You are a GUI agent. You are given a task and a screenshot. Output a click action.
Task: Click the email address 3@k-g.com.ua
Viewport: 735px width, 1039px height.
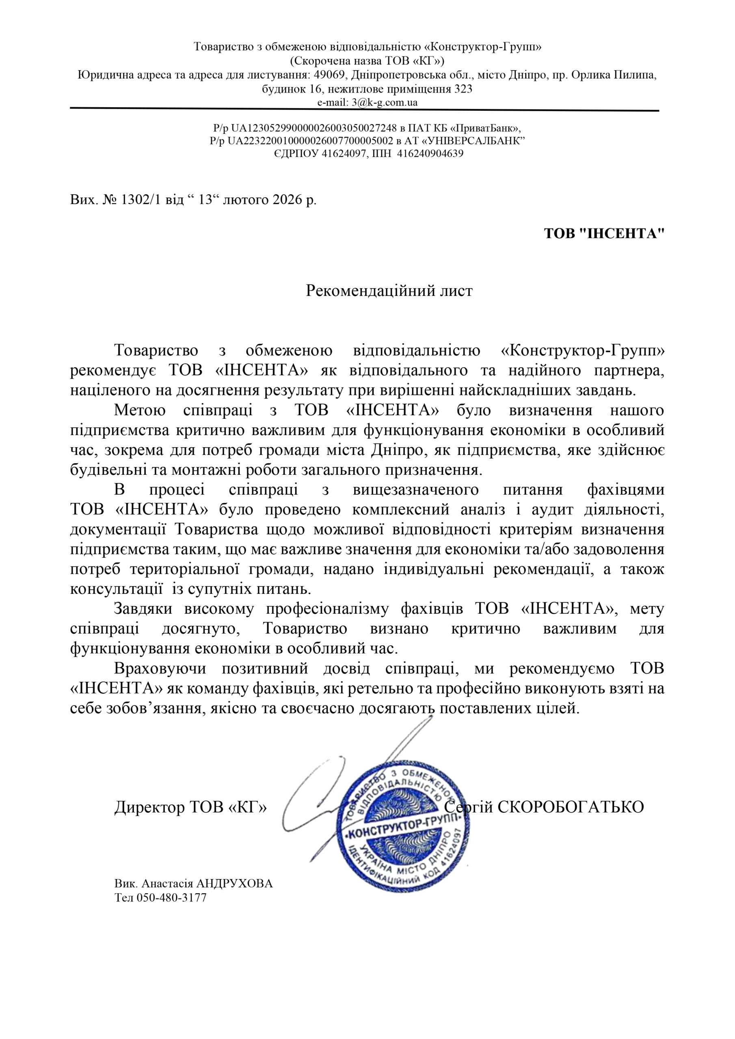(x=385, y=102)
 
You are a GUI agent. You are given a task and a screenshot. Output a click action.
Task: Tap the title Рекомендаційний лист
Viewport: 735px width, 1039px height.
(x=389, y=291)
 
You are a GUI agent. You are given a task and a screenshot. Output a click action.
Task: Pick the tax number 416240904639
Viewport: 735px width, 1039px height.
(x=430, y=153)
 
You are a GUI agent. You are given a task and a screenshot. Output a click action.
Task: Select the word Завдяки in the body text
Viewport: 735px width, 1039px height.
(x=143, y=609)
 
